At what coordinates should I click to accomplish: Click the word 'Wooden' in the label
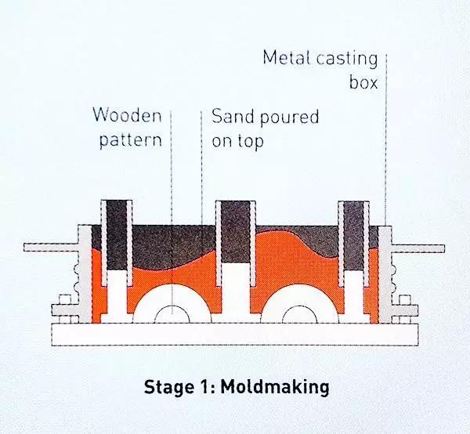[127, 117]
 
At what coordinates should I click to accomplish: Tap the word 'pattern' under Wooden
[128, 141]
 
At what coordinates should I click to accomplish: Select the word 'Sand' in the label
[232, 118]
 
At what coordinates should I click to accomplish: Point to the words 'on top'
[237, 142]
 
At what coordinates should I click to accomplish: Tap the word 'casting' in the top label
[345, 58]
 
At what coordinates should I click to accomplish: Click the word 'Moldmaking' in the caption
[277, 388]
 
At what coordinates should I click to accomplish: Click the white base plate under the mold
[235, 334]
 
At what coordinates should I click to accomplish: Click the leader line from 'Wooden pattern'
[172, 196]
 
